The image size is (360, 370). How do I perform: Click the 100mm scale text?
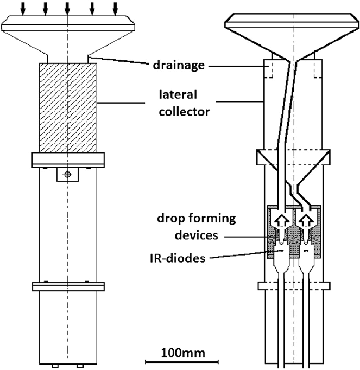[x=184, y=353]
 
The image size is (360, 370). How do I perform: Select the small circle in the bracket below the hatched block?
[x=67, y=174]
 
